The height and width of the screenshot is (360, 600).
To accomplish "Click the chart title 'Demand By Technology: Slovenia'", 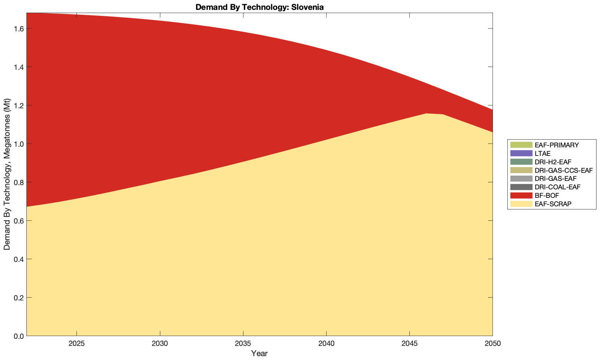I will click(259, 7).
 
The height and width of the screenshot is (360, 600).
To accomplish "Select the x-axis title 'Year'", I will click(259, 353).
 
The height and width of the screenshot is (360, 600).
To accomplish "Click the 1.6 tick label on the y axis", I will click(18, 29).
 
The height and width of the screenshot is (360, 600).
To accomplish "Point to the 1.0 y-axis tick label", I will click(18, 144).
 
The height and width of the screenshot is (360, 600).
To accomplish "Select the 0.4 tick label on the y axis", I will click(18, 259).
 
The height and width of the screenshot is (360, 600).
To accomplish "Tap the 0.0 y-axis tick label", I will click(18, 336).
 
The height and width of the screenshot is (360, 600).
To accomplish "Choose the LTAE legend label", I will click(542, 153).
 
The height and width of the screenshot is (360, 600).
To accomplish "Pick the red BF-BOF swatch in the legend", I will click(520, 195).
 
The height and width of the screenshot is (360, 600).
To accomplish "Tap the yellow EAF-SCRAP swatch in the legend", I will click(520, 204).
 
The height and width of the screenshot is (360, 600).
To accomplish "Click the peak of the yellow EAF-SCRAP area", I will click(426, 114).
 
